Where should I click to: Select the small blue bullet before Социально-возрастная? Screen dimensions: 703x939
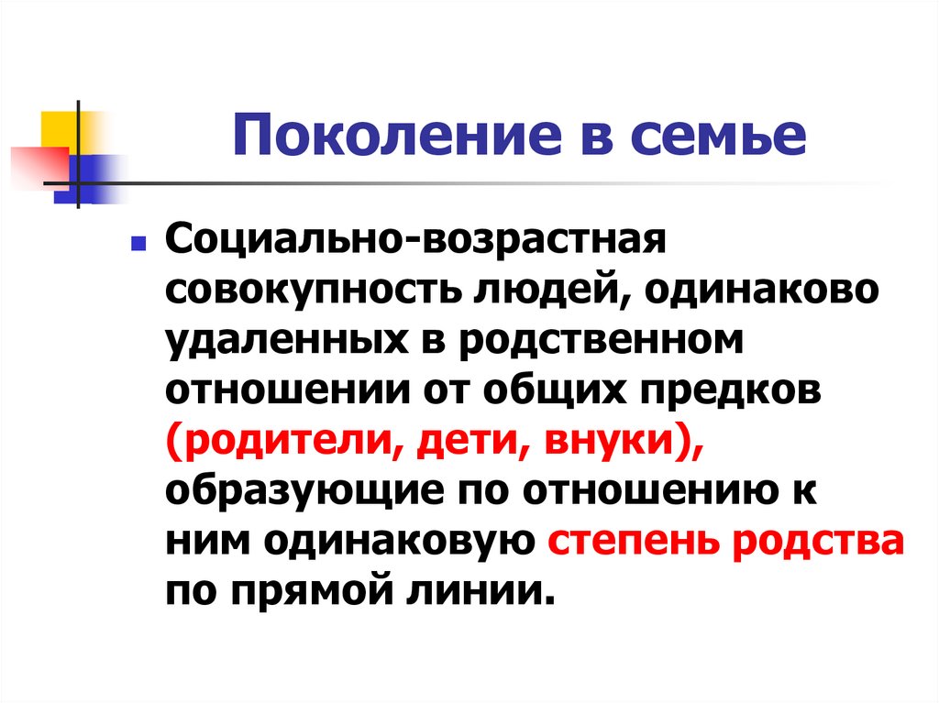[135, 246]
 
